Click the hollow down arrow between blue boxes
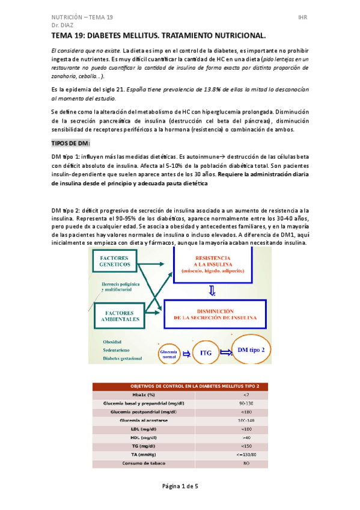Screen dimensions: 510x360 click(211, 290)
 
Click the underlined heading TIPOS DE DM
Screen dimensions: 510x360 click(72, 144)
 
